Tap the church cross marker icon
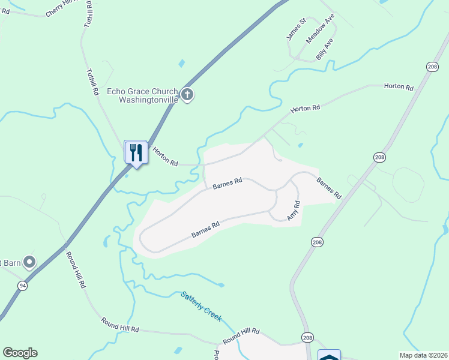click(187, 94)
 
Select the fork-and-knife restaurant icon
click(136, 152)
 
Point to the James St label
click(296, 29)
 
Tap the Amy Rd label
click(293, 211)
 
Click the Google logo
click(20, 353)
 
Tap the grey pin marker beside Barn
click(29, 262)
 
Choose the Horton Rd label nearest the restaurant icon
click(165, 157)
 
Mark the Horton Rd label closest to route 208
click(399, 88)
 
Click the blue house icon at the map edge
click(329, 355)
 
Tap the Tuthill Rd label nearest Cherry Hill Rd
click(88, 13)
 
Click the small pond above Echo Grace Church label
click(181, 63)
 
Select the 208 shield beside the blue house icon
click(307, 338)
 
